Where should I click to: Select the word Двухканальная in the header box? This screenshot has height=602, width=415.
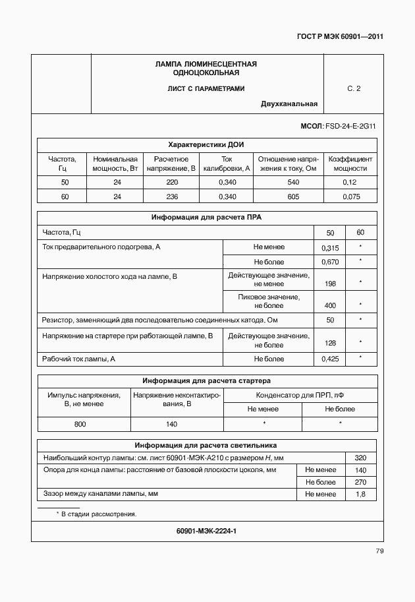click(x=289, y=104)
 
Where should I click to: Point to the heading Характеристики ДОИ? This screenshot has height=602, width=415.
click(x=207, y=144)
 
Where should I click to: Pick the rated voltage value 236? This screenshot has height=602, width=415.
click(x=172, y=196)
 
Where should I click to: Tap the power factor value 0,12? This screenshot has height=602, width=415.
click(x=350, y=182)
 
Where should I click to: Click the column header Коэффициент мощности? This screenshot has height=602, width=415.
click(x=350, y=164)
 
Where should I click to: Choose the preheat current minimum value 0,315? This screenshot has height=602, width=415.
click(x=330, y=248)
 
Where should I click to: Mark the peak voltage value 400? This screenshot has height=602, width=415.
click(x=330, y=305)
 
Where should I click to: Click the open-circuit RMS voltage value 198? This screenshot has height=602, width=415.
click(x=330, y=284)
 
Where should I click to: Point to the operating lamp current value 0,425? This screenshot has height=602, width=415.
click(x=330, y=359)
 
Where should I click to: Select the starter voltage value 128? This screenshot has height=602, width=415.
click(x=330, y=344)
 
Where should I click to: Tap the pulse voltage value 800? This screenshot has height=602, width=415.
click(x=80, y=425)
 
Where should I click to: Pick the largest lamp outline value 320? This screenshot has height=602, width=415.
click(x=360, y=458)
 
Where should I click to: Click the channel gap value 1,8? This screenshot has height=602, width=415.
click(x=360, y=493)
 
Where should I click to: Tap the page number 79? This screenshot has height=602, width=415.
click(x=379, y=551)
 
